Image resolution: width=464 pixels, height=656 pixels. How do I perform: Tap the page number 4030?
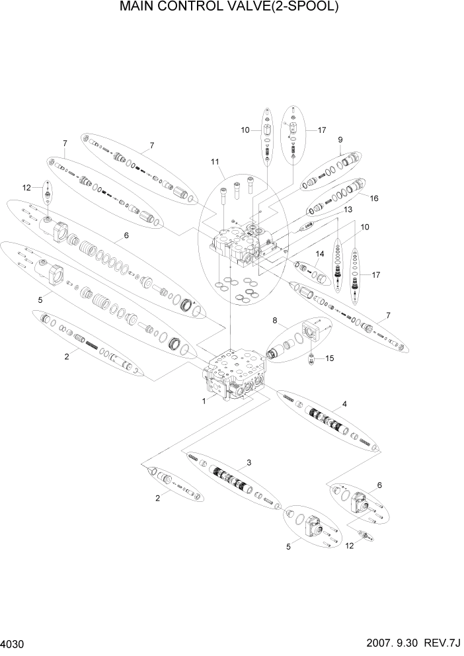click(x=14, y=643)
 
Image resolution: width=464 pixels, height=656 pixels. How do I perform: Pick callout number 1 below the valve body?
click(x=204, y=401)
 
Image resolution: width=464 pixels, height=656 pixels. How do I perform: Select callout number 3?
click(x=249, y=463)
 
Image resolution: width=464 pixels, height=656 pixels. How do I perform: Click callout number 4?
click(x=344, y=403)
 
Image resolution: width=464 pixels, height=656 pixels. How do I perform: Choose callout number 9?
click(x=340, y=140)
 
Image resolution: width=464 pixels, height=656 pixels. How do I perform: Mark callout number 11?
click(x=214, y=161)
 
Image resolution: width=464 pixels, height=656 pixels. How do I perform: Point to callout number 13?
click(x=346, y=209)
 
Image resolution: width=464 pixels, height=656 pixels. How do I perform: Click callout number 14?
click(x=319, y=254)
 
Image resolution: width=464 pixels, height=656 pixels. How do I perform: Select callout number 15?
click(x=330, y=358)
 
